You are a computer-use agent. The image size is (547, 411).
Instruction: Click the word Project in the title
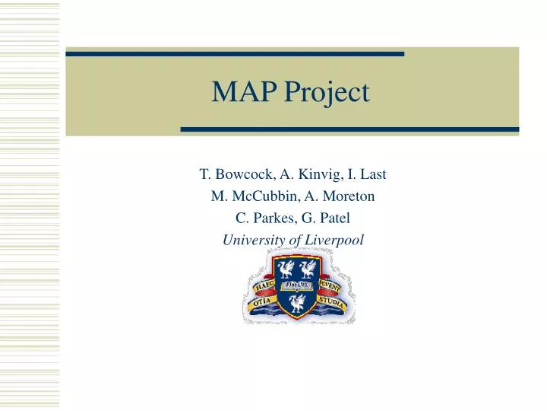[x=325, y=94]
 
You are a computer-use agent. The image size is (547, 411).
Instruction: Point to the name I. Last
[x=368, y=174]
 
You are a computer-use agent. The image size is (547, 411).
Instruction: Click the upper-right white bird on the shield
[x=308, y=268]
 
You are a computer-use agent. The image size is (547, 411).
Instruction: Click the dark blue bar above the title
[x=235, y=54]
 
